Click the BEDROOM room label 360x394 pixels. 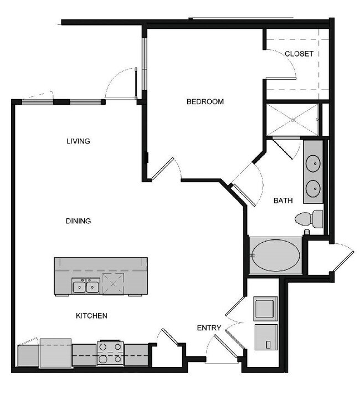[x=205, y=101]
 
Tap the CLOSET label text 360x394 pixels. [x=299, y=54]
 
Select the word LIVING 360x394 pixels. [x=78, y=141]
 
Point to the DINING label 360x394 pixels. [x=78, y=221]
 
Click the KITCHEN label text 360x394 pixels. [x=91, y=316]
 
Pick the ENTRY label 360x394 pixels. [x=209, y=328]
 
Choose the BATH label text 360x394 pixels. [x=283, y=201]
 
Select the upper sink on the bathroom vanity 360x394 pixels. [x=313, y=163]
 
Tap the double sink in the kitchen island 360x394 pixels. [x=86, y=286]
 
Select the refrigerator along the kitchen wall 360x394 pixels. [x=55, y=352]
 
